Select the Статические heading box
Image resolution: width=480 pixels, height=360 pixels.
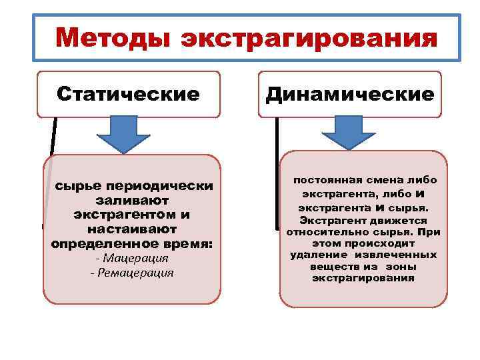point(129,93)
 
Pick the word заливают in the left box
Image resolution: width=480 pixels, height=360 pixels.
point(132,200)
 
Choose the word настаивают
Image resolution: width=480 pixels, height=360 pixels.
point(132,229)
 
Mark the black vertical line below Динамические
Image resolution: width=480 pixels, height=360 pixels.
point(276,173)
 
